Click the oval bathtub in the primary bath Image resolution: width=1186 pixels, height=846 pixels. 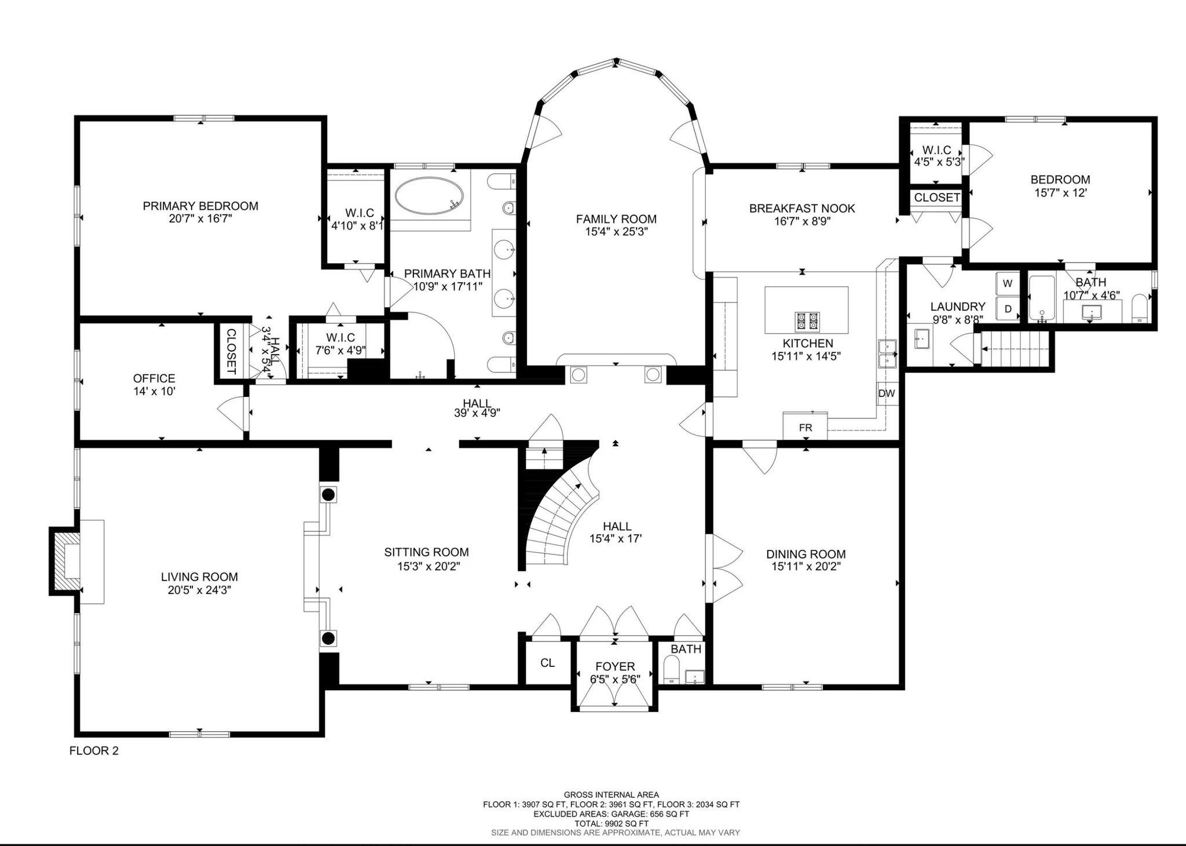point(429,196)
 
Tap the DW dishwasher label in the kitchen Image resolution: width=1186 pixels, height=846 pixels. point(886,393)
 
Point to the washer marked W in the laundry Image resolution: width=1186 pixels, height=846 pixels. point(1008,283)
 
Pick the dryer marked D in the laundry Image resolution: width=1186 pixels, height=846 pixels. point(1008,309)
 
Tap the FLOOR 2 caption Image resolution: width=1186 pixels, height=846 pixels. point(94,750)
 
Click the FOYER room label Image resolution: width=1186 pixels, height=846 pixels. point(615,666)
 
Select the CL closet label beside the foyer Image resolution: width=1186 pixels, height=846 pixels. point(547,662)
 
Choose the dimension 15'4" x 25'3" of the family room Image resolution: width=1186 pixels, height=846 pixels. point(616,232)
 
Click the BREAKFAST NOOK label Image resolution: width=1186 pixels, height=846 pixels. point(802,209)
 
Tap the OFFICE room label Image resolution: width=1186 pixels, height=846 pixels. point(154,378)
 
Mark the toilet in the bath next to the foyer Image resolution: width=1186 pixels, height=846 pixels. point(672,670)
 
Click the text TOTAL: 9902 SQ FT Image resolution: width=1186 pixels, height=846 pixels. point(612,823)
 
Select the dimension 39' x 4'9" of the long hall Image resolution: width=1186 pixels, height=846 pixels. point(477,413)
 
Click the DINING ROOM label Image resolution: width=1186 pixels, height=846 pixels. point(806,554)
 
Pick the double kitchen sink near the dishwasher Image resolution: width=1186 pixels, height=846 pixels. point(887,354)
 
